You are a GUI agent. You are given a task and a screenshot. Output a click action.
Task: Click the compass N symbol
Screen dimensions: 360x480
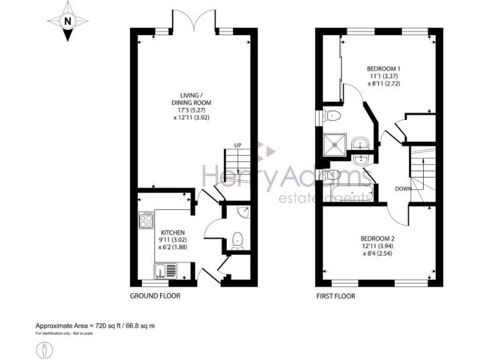point(67,21)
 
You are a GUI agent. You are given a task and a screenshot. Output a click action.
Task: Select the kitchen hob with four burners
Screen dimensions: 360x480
point(146,220)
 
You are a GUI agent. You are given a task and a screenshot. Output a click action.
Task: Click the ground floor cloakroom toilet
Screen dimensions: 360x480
point(237,241)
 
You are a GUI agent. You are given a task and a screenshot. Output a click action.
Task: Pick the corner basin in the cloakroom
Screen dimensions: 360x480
point(244,213)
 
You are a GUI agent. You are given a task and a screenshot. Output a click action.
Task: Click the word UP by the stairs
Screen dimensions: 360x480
point(237,146)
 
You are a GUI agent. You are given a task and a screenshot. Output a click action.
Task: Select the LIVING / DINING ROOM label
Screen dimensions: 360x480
point(191,99)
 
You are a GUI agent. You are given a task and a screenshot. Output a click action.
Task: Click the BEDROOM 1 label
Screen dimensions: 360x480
point(384,69)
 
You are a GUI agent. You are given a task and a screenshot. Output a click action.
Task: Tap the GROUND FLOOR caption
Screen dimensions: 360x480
point(155,296)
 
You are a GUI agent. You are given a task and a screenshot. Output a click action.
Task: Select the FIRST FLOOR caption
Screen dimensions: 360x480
point(335,296)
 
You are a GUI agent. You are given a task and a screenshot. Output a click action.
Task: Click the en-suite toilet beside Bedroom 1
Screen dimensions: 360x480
point(332,115)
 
